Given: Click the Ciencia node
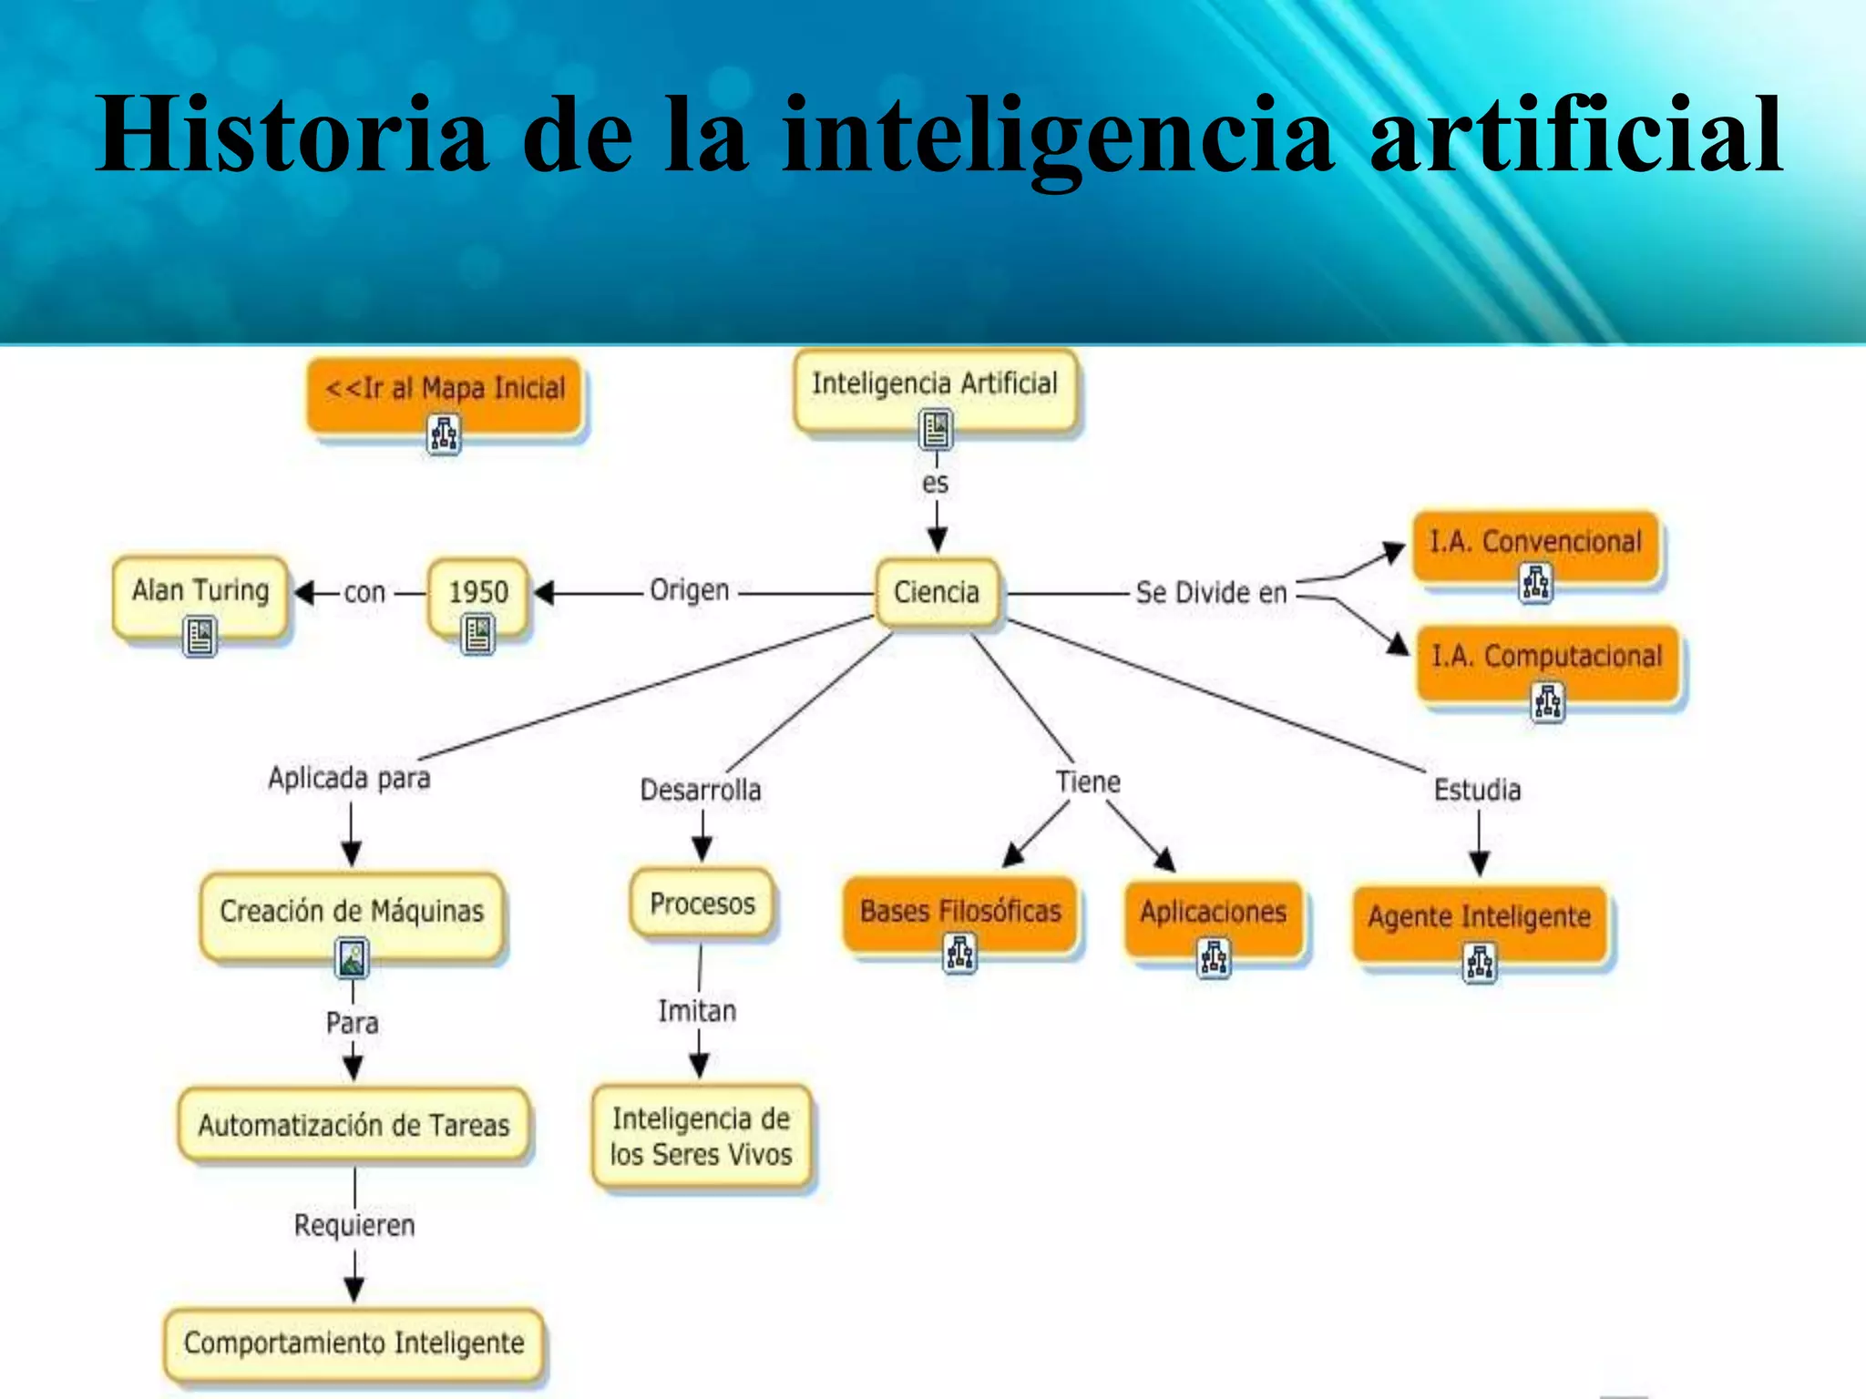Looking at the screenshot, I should [x=937, y=593].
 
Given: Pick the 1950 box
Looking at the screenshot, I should [x=478, y=593].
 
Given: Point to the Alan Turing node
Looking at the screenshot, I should [x=200, y=592].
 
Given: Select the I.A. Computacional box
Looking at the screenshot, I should [x=1547, y=658].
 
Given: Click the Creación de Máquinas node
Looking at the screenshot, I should [x=352, y=912].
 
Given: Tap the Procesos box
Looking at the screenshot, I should [x=702, y=904].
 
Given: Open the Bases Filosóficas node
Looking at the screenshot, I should [x=960, y=912].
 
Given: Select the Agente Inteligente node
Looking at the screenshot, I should [x=1480, y=917].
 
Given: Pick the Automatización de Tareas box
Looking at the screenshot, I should [x=354, y=1126].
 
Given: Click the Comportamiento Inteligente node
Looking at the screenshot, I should [x=354, y=1343].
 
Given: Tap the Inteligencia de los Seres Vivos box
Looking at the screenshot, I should [x=701, y=1137].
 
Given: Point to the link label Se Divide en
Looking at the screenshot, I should [x=1211, y=593].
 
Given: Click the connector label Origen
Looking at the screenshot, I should [x=689, y=590].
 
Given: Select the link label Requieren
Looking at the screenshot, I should [x=354, y=1226].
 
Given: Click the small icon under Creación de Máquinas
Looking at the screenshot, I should [x=353, y=958].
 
